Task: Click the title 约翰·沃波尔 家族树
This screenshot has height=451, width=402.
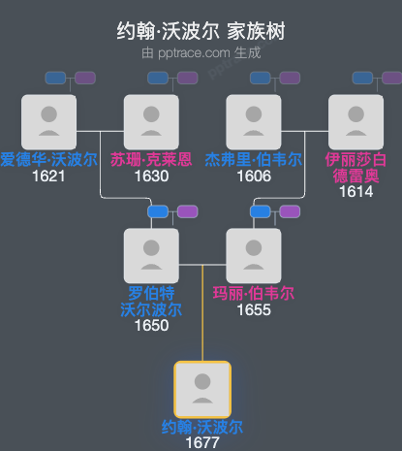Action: click(x=201, y=31)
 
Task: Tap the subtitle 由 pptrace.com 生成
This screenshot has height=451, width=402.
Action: click(x=201, y=52)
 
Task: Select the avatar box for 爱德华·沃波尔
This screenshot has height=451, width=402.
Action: click(x=48, y=121)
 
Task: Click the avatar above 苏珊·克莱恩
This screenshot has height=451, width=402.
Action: click(x=151, y=121)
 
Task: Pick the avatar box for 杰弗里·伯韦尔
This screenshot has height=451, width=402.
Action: click(x=253, y=121)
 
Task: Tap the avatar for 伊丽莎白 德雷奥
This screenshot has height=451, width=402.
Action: click(x=356, y=121)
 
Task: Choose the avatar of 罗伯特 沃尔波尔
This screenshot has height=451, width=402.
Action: click(x=151, y=255)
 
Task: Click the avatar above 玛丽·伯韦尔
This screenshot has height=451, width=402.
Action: click(x=253, y=255)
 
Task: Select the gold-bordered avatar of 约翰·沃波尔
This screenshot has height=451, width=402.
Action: click(x=201, y=389)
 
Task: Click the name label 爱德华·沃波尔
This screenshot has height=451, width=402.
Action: click(x=48, y=159)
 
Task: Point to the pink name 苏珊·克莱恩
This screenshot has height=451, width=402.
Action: click(x=151, y=159)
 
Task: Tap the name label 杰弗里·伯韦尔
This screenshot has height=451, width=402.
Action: click(x=253, y=159)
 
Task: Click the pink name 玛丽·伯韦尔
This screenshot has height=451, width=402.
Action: click(x=253, y=293)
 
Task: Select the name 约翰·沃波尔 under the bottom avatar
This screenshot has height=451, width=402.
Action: click(x=201, y=427)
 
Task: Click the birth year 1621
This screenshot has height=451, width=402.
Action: click(x=48, y=176)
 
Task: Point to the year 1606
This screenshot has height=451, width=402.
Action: click(x=253, y=176)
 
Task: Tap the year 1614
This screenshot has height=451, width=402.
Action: click(x=356, y=192)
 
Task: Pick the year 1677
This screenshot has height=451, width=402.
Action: click(x=201, y=442)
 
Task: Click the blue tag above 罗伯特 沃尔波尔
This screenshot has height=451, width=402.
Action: click(x=157, y=211)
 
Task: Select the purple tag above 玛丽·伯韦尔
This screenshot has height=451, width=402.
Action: click(x=290, y=211)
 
